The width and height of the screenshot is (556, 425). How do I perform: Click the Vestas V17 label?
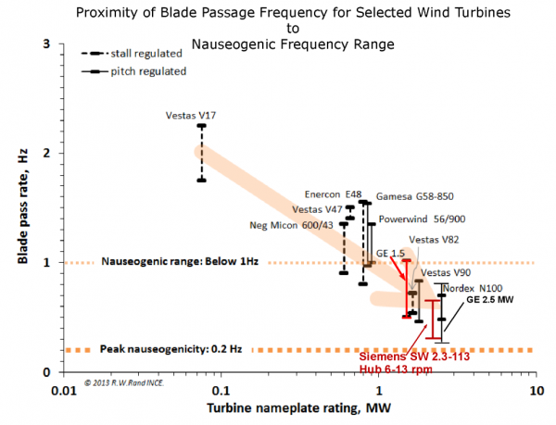[191, 116]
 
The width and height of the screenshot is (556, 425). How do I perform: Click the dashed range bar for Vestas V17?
[202, 153]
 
